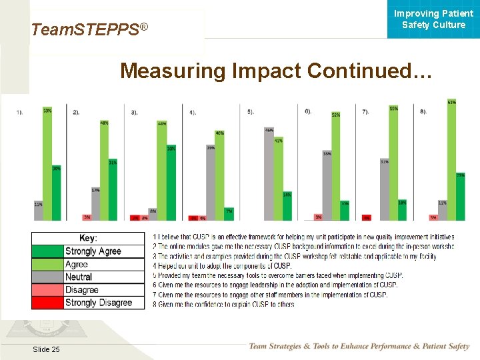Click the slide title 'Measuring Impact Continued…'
(276, 71)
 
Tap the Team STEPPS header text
(89, 29)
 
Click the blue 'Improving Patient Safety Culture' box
(433, 19)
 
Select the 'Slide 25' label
(45, 350)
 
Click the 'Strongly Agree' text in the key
(93, 251)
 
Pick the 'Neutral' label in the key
(79, 277)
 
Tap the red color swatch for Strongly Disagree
(47, 303)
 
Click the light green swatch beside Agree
(47, 264)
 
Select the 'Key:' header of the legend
(88, 238)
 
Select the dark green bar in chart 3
(171, 185)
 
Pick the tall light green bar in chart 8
(451, 161)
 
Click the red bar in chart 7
(366, 217)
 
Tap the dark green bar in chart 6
(345, 211)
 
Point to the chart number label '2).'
(76, 112)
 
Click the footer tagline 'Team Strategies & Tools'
(359, 346)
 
